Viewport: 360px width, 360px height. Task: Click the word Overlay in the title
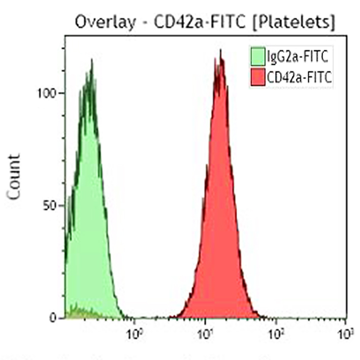[x=99, y=22]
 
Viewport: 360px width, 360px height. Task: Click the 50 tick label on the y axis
[x=49, y=206]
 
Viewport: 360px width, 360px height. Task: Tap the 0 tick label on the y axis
[x=53, y=318]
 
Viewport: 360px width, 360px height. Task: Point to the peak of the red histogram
[x=220, y=51]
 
